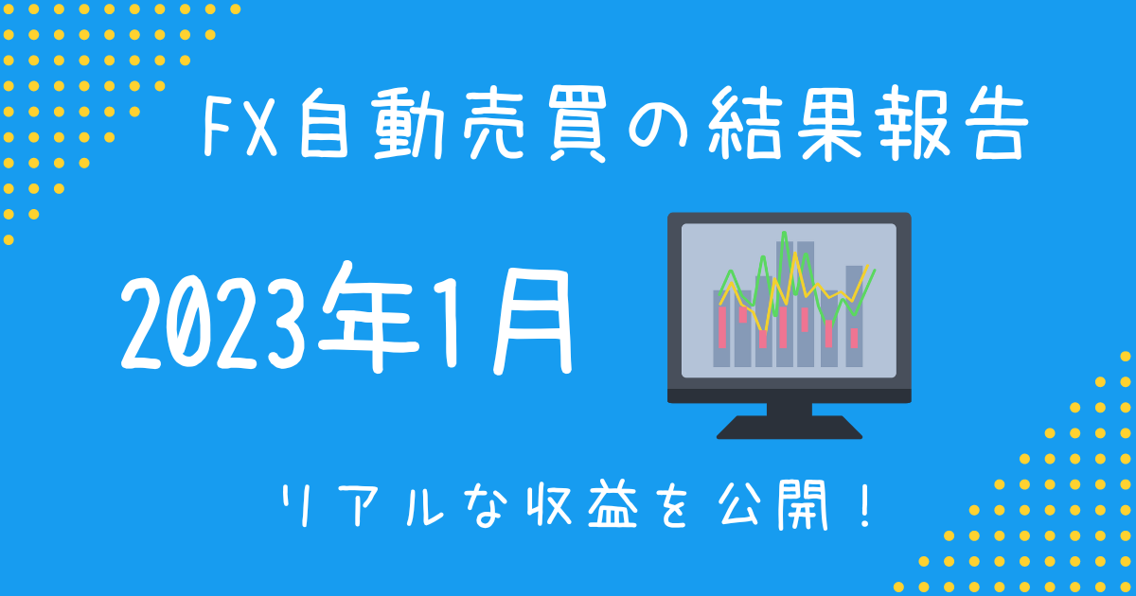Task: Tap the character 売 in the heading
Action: click(x=493, y=124)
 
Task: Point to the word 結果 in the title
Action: click(x=785, y=124)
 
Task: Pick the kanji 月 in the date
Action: click(x=532, y=323)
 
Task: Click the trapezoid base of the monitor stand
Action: click(x=790, y=428)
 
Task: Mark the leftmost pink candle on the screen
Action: click(x=722, y=327)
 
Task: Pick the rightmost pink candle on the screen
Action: click(x=854, y=338)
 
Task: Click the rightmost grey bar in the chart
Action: click(x=854, y=316)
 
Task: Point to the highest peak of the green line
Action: click(x=785, y=233)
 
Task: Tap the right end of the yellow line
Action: click(x=868, y=266)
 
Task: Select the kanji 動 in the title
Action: click(x=407, y=124)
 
